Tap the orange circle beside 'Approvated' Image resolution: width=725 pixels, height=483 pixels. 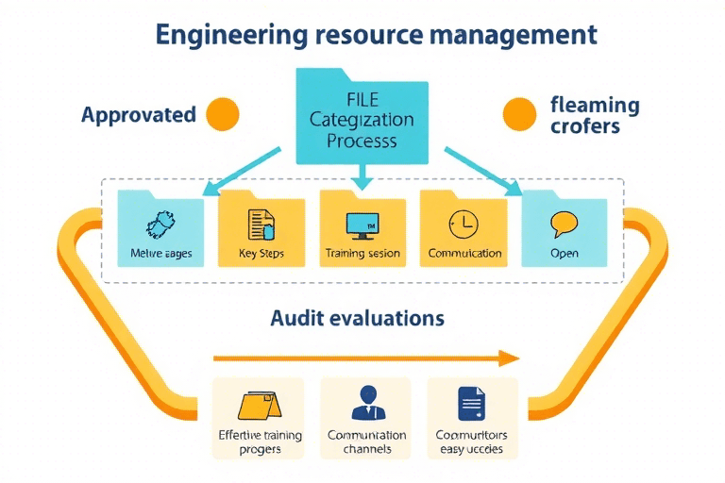[x=223, y=114]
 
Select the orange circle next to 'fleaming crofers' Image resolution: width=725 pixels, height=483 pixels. [x=518, y=114]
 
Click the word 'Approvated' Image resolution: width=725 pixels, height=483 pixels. [x=139, y=115]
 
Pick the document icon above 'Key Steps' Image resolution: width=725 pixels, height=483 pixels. [x=261, y=225]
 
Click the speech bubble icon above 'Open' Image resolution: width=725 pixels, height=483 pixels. [x=564, y=225]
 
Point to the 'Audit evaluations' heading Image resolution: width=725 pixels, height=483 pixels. [x=362, y=318]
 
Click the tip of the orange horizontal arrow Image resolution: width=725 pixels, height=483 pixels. [x=517, y=358]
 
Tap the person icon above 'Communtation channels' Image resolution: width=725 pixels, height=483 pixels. [x=365, y=402]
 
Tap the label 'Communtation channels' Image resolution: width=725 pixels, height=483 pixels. [x=366, y=442]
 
